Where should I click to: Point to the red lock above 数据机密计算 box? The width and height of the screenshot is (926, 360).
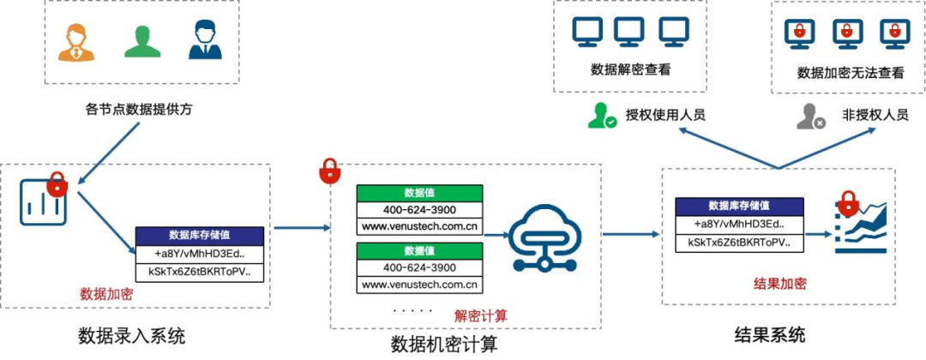point(328,171)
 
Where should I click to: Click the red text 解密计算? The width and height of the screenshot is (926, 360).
point(481,315)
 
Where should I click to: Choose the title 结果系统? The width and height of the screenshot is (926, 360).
point(770,334)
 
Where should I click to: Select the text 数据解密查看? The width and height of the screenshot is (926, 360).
point(630,69)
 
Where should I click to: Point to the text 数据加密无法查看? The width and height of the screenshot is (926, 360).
point(851,73)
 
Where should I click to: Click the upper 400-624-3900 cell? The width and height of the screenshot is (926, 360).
point(419,210)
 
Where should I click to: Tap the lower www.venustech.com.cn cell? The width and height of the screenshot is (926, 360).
point(419,285)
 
